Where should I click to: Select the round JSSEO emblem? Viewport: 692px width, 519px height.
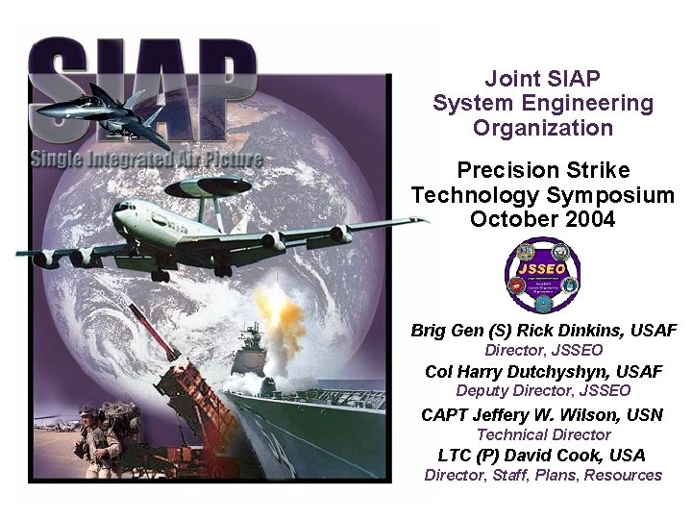(x=543, y=274)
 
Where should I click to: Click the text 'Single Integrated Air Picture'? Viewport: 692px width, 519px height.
(x=145, y=160)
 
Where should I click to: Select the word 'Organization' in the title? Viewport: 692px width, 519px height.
(x=542, y=128)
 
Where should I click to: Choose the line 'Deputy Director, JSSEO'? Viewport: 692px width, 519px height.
(x=543, y=391)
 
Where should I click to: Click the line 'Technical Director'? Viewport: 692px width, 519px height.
(x=543, y=434)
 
